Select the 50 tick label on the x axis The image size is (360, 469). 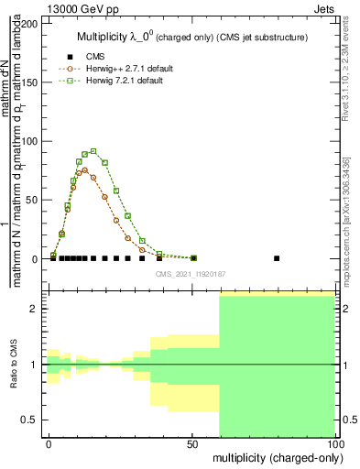(192, 443)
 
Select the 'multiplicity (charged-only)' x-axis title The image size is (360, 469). (274, 457)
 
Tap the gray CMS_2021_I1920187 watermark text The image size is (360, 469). (191, 273)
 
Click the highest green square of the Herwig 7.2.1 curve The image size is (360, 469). (93, 151)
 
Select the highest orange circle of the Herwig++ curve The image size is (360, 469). (84, 169)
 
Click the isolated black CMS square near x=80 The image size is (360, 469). (278, 258)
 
